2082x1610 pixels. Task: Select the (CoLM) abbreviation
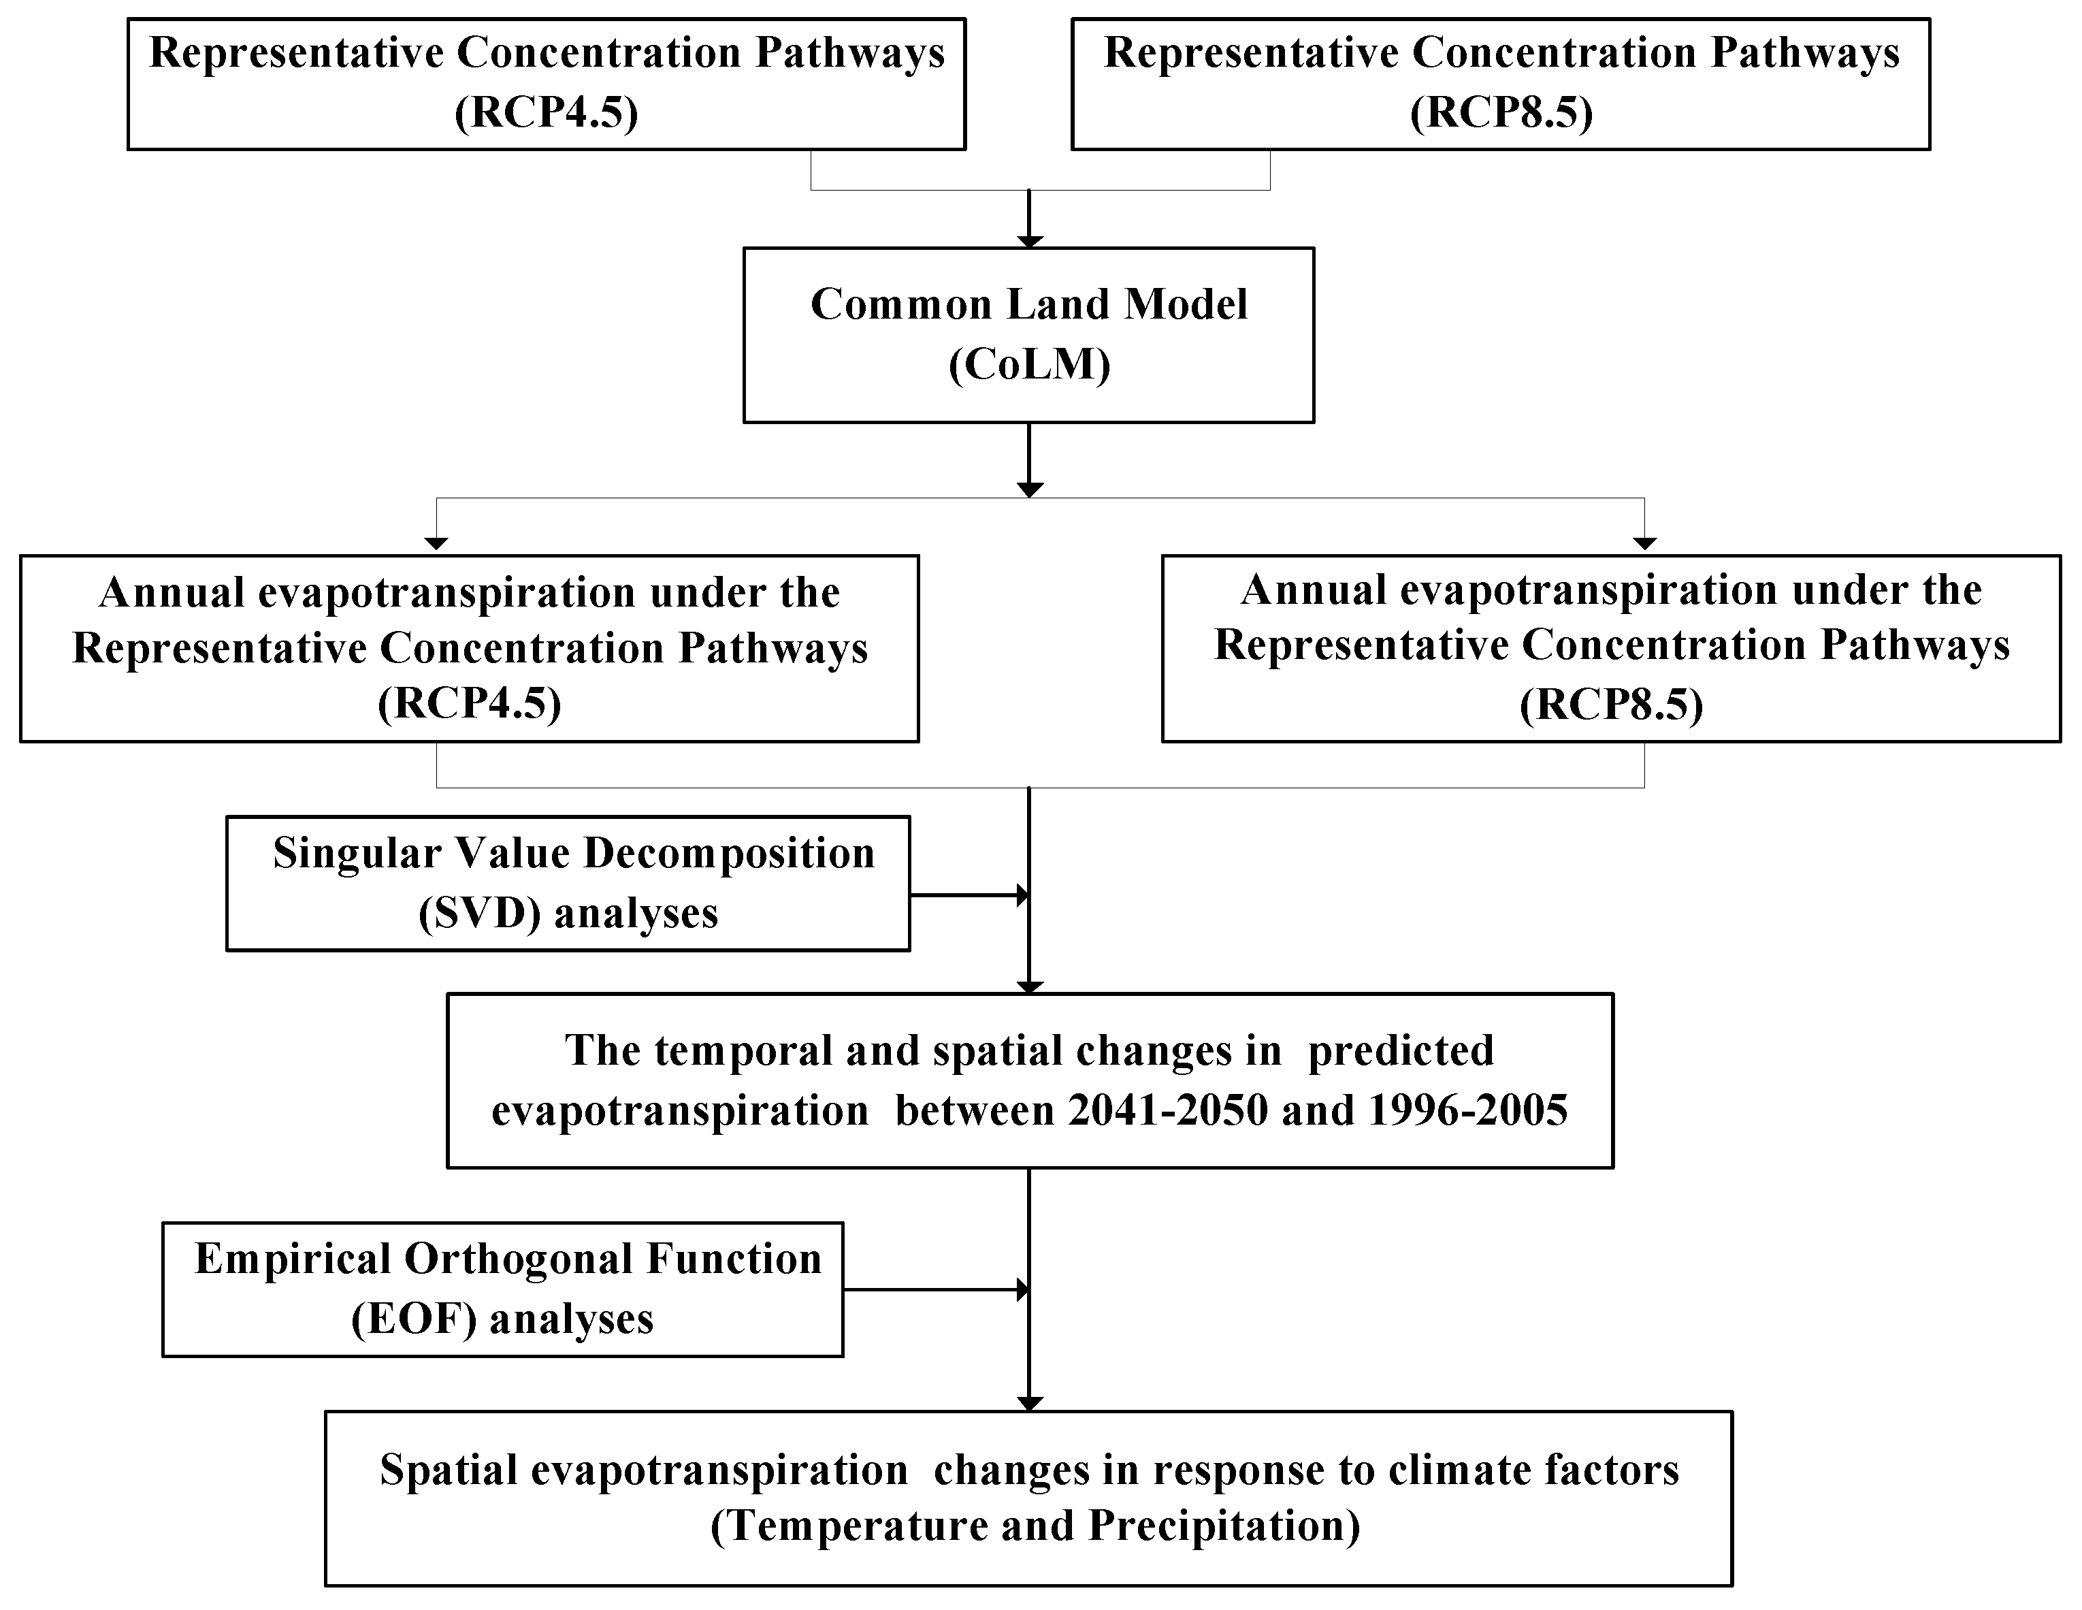pyautogui.click(x=1030, y=365)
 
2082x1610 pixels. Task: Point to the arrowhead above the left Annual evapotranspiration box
pyautogui.click(x=436, y=543)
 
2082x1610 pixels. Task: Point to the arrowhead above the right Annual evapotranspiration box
pyautogui.click(x=1644, y=543)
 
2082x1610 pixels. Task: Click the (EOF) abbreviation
pyautogui.click(x=414, y=1320)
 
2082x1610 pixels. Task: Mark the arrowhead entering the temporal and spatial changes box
pyautogui.click(x=1030, y=988)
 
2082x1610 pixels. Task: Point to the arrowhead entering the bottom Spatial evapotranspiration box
pyautogui.click(x=1030, y=1404)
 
